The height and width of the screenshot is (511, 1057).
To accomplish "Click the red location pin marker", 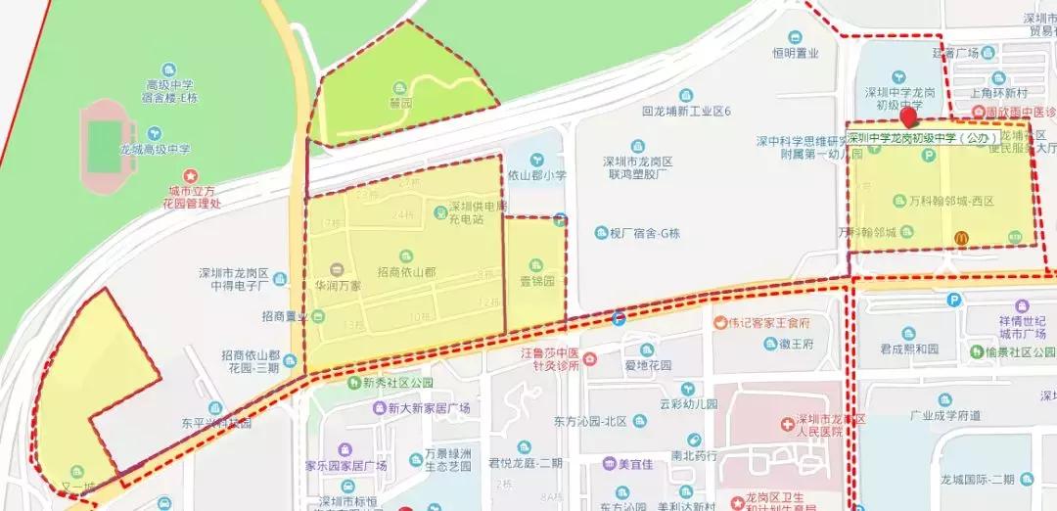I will pyautogui.click(x=910, y=118).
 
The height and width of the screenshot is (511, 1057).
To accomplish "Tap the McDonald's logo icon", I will pyautogui.click(x=961, y=238).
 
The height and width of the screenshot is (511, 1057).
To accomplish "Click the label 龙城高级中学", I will pyautogui.click(x=155, y=150).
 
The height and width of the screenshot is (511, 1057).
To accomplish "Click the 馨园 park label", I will pyautogui.click(x=399, y=101).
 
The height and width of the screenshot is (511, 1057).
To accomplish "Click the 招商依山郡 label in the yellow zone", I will pyautogui.click(x=406, y=270).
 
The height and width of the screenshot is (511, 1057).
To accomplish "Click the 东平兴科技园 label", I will pyautogui.click(x=216, y=424).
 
